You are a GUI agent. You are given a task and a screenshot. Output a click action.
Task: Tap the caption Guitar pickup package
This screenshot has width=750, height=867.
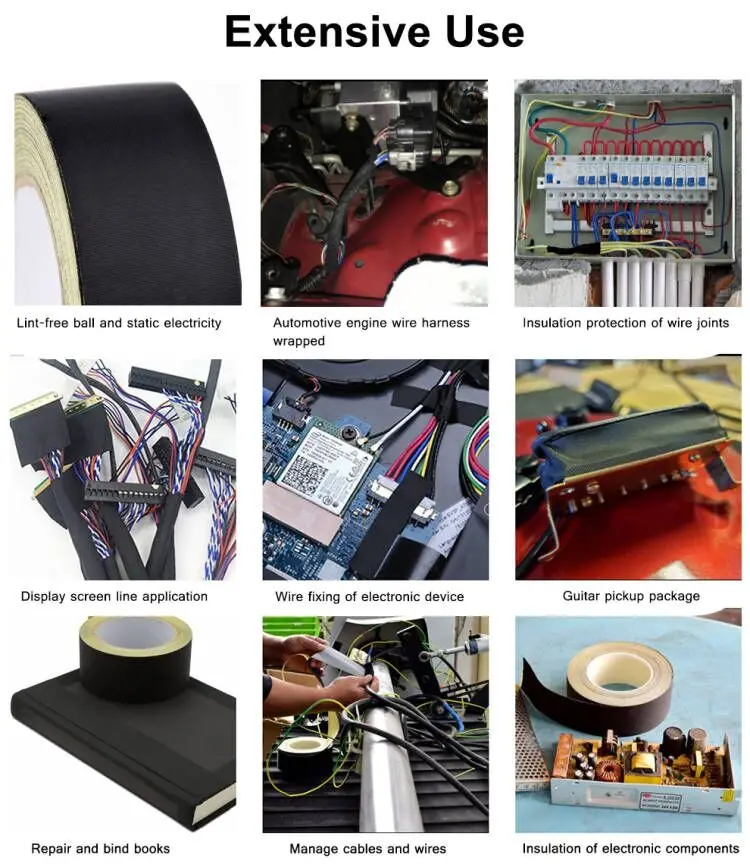pyautogui.click(x=630, y=597)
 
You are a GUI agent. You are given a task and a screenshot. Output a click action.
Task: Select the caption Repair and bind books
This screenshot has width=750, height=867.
pyautogui.click(x=100, y=849)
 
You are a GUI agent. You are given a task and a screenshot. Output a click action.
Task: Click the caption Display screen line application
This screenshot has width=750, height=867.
pyautogui.click(x=114, y=597)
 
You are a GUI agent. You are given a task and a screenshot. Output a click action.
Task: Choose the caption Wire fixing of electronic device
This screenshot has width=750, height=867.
pyautogui.click(x=369, y=597)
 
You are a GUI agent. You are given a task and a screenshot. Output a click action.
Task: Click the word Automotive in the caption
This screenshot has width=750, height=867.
pyautogui.click(x=307, y=323)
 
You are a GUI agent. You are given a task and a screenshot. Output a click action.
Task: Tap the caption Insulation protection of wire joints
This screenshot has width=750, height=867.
pyautogui.click(x=625, y=323)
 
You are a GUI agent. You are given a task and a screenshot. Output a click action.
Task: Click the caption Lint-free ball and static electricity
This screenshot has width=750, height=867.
pyautogui.click(x=119, y=323)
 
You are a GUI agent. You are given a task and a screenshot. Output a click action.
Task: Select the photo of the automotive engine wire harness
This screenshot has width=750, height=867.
pyautogui.click(x=374, y=193)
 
